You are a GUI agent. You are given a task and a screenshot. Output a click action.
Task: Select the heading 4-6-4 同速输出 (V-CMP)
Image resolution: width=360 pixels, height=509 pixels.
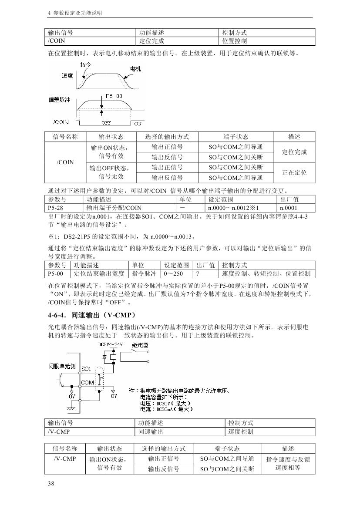92,314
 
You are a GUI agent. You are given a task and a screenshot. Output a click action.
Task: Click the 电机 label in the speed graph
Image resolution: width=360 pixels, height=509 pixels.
135,69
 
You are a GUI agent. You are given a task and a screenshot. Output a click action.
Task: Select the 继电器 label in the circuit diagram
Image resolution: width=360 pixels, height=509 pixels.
140,345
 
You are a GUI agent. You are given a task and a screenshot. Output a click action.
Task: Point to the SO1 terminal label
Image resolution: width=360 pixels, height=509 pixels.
86,369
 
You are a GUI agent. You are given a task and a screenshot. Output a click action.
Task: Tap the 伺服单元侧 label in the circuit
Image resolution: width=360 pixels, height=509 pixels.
62,366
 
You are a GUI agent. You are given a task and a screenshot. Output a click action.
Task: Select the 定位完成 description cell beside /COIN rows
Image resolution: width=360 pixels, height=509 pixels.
294,152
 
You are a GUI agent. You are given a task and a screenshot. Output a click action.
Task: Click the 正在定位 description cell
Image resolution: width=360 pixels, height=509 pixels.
294,172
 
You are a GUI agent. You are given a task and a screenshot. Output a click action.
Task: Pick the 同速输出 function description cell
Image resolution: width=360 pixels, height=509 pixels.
151,431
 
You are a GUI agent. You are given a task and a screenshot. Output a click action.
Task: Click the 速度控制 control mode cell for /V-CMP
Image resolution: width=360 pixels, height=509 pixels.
241,431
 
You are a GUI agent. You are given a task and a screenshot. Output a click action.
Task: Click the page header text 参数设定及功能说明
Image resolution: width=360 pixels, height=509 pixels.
77,13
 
